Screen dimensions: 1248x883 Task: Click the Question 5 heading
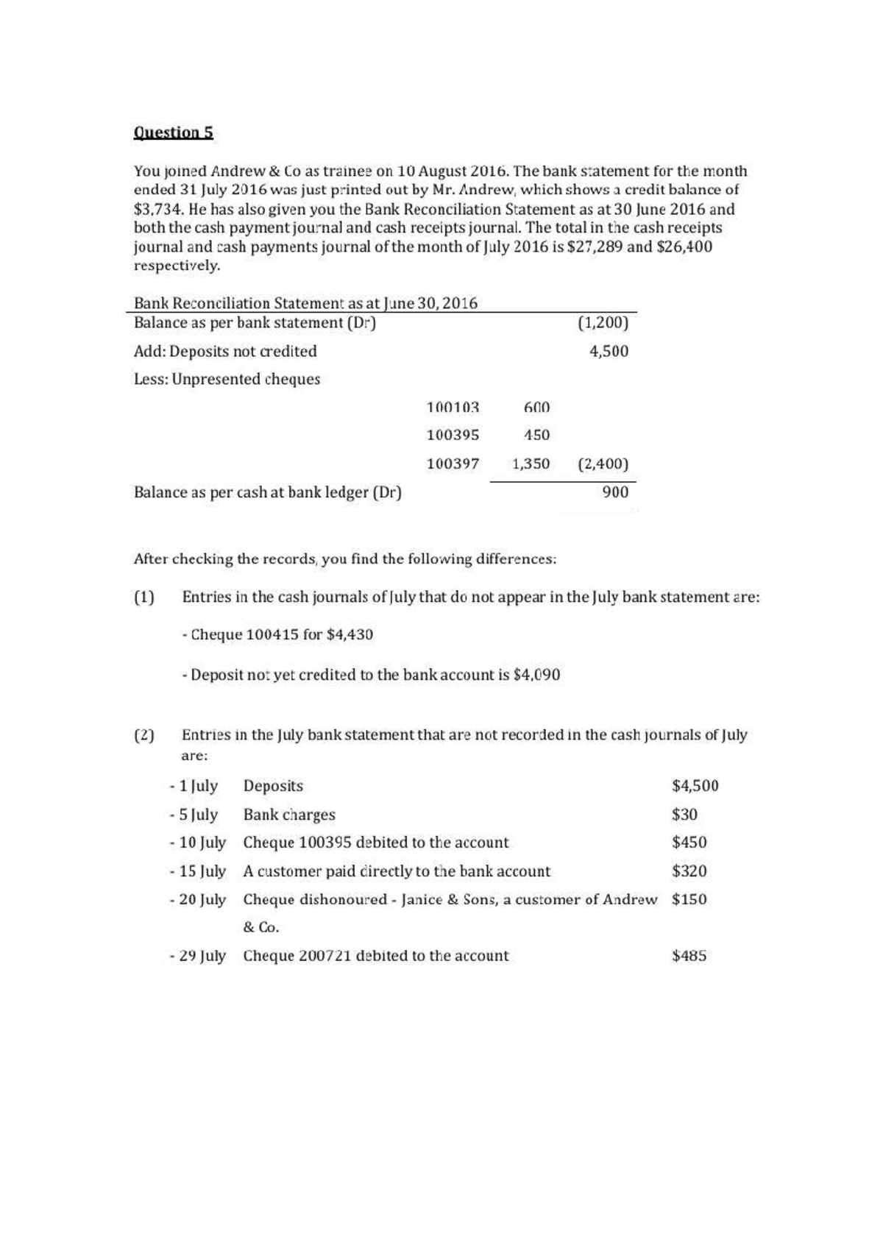[x=174, y=132]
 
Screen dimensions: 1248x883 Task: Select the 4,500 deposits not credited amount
[x=609, y=351]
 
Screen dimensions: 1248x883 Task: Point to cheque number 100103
[x=453, y=407]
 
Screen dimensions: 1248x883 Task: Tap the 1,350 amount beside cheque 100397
[x=531, y=464]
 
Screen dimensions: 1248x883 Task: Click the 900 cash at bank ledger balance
[x=615, y=492]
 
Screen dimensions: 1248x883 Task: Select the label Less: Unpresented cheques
[x=227, y=379]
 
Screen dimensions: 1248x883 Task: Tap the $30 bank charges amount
[x=684, y=815]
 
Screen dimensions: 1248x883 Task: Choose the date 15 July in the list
[x=202, y=871]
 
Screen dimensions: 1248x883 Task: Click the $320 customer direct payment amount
[x=689, y=871]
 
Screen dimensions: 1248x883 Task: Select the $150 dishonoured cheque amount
[x=689, y=899]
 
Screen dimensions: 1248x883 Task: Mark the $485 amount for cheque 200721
[x=689, y=956]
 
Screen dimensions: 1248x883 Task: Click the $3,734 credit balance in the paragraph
[x=158, y=209]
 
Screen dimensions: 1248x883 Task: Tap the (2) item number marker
[x=144, y=735]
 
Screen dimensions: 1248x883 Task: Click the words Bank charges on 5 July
[x=289, y=815]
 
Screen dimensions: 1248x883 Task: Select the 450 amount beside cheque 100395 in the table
[x=536, y=435]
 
